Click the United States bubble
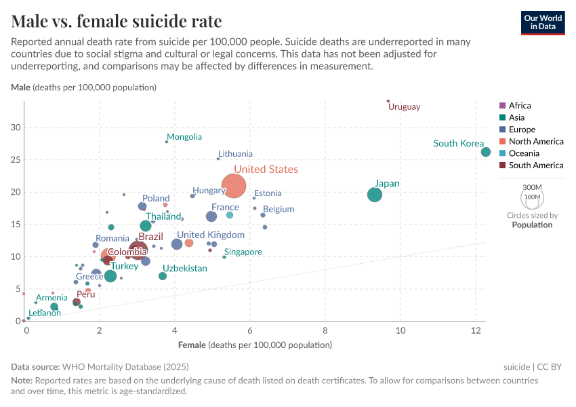[234, 185]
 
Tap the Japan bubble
[375, 195]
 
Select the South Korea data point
[486, 152]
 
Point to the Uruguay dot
[388, 101]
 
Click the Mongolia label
[184, 137]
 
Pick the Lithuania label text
[235, 154]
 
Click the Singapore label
[243, 252]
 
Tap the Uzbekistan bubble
[163, 276]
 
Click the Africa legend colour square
[502, 106]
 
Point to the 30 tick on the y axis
[16, 128]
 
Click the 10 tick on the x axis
[400, 330]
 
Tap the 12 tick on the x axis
[475, 330]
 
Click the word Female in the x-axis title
[192, 345]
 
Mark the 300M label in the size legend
[533, 187]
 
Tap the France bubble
[211, 216]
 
